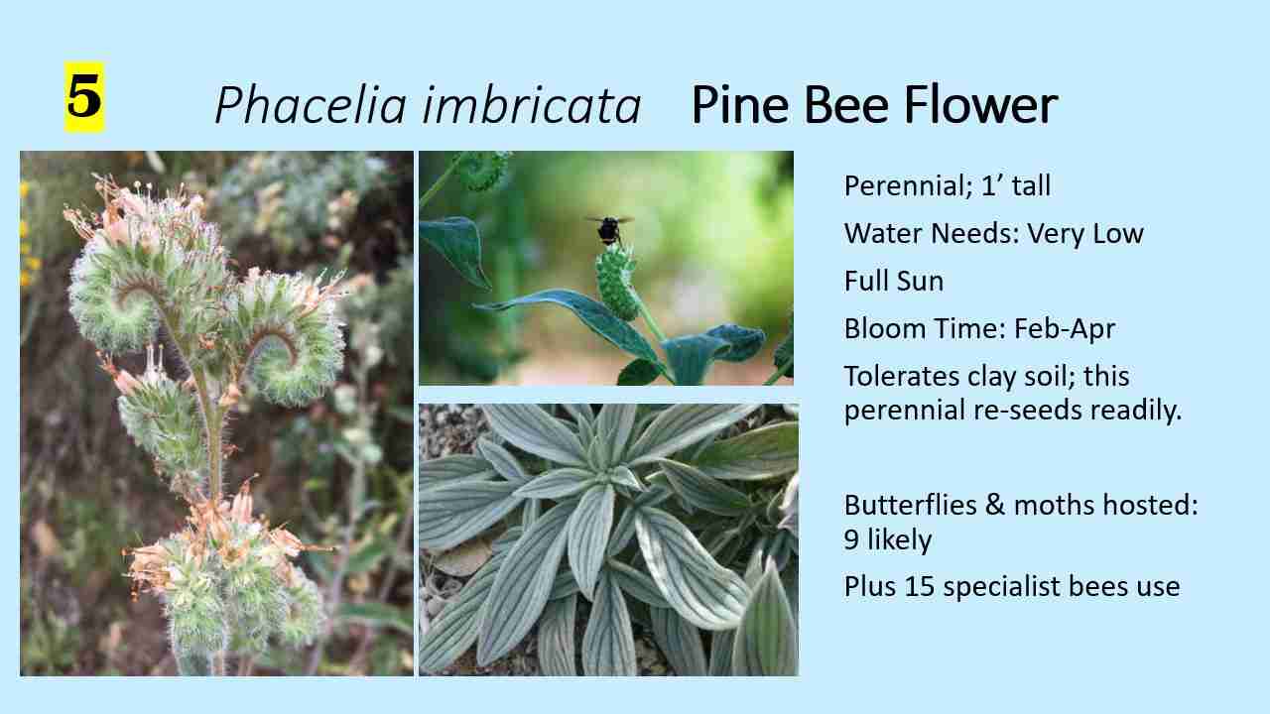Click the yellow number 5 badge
(84, 97)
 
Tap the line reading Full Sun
(893, 282)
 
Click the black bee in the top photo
(608, 230)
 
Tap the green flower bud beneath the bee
(616, 281)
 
